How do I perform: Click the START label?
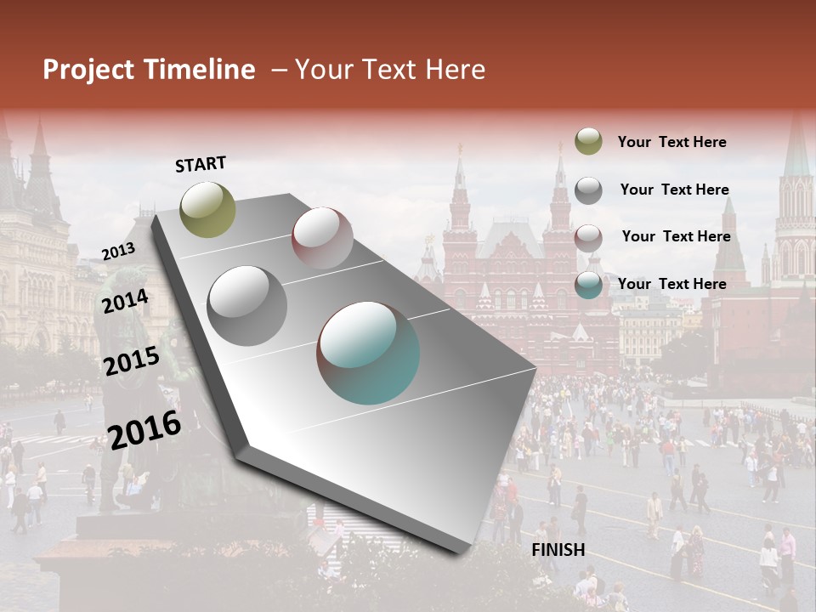tap(201, 164)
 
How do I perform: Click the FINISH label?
tap(558, 550)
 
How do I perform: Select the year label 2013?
tap(118, 252)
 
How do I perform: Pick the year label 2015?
tap(132, 361)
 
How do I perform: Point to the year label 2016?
tap(145, 429)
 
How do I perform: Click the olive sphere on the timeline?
tap(207, 209)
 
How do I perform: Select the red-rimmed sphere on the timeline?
tap(322, 238)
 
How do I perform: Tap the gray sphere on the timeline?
tap(247, 306)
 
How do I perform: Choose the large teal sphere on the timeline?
tap(368, 353)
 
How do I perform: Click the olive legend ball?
tap(588, 142)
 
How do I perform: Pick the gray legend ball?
tap(588, 190)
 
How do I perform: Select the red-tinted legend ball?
tap(588, 237)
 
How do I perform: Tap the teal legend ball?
tap(588, 285)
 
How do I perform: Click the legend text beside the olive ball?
tap(671, 142)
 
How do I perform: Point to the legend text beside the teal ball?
tap(671, 284)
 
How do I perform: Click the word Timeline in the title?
tap(199, 70)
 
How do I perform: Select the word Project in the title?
tap(88, 70)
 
